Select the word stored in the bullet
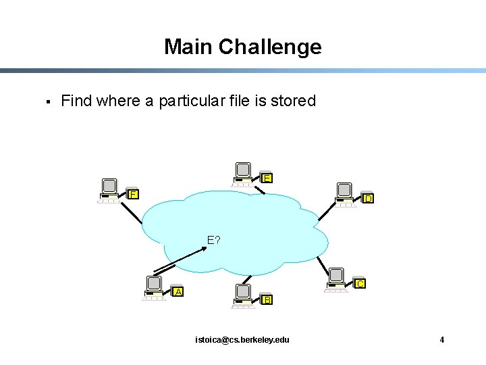pyautogui.click(x=293, y=101)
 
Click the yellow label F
pyautogui.click(x=134, y=194)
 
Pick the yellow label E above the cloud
pyautogui.click(x=267, y=178)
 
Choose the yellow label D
pyautogui.click(x=368, y=199)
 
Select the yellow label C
pyautogui.click(x=360, y=284)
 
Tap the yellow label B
pyautogui.click(x=267, y=299)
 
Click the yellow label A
pyautogui.click(x=178, y=291)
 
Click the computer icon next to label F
pyautogui.click(x=109, y=190)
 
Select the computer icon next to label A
pyautogui.click(x=155, y=288)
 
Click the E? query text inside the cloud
pyautogui.click(x=214, y=240)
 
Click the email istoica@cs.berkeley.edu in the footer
pyautogui.click(x=242, y=339)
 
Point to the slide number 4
pyautogui.click(x=441, y=339)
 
